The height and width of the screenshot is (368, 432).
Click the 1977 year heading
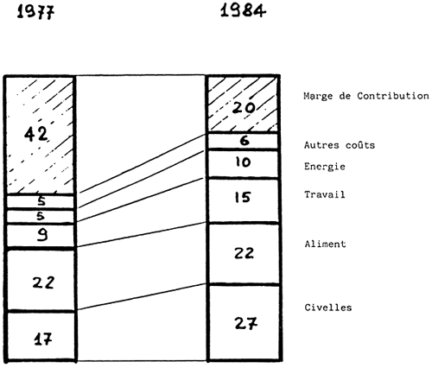pos(35,12)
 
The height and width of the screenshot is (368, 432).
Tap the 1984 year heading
pos(243,11)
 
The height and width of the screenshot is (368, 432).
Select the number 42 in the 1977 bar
pos(35,134)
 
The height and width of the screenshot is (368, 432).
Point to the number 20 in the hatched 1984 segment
pos(244,108)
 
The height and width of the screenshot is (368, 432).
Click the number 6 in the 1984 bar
pos(245,141)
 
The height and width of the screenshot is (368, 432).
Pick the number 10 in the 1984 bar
pos(243,162)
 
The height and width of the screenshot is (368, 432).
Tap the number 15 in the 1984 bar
pos(243,198)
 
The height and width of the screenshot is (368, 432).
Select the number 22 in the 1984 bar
pos(244,253)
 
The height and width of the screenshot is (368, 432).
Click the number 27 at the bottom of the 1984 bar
pos(245,323)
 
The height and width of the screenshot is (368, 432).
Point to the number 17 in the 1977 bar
pos(42,339)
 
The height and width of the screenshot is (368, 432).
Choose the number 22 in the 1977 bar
pos(43,282)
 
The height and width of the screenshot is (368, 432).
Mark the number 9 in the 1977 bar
pos(42,236)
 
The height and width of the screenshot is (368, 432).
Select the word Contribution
pos(393,96)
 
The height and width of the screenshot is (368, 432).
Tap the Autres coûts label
pos(340,145)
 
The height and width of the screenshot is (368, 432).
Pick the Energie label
pos(325,167)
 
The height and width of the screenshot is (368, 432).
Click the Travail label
pos(325,194)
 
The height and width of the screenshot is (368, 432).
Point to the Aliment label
pos(325,244)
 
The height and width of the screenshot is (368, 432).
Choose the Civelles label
pos(328,308)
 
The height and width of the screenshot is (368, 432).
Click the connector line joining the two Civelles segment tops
pos(142,296)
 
